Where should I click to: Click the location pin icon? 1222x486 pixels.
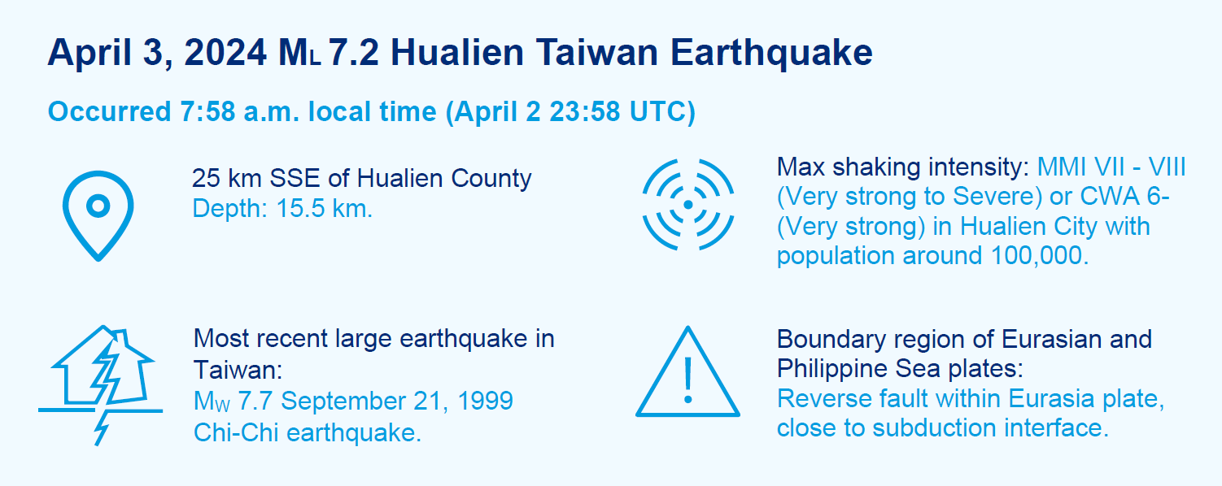(x=98, y=180)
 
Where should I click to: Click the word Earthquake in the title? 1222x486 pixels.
(x=770, y=53)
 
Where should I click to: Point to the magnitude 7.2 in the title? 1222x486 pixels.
(x=354, y=53)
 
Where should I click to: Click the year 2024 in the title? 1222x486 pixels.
(x=225, y=53)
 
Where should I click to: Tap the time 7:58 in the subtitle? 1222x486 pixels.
(x=207, y=111)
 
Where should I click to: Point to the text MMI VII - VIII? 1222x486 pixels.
(x=1111, y=167)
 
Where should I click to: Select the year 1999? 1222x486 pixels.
(x=485, y=401)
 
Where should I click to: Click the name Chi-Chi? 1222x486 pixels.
(x=237, y=432)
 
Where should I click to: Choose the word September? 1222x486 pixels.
(x=343, y=401)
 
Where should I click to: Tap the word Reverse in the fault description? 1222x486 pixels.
(x=814, y=398)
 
